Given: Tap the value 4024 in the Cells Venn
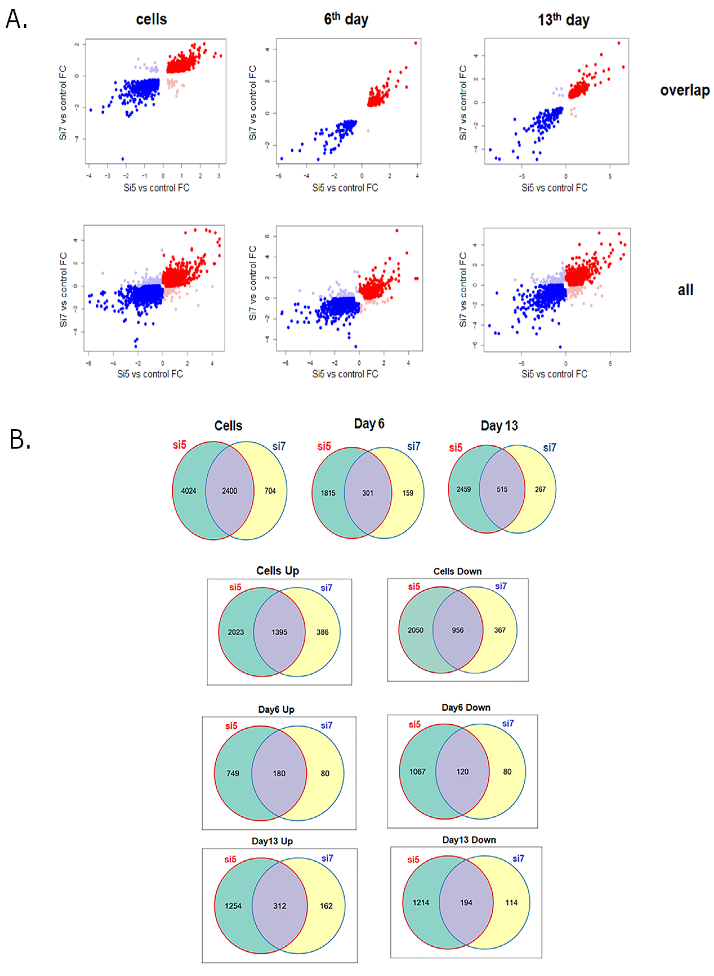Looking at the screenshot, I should click(x=189, y=491).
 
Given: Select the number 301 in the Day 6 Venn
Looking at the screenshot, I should click(x=367, y=493).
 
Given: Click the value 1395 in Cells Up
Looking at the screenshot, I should click(x=279, y=632).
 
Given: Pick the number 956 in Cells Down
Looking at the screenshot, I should click(x=458, y=630).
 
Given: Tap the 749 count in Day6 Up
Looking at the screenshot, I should click(x=233, y=773).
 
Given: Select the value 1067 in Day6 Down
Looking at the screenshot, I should click(x=418, y=772).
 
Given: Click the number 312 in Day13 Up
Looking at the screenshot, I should click(x=280, y=906).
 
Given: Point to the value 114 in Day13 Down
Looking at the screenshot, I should click(x=511, y=902).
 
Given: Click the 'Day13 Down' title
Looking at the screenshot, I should click(x=469, y=840).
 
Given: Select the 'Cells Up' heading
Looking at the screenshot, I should click(x=278, y=571).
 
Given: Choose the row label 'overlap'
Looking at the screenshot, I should click(x=685, y=90).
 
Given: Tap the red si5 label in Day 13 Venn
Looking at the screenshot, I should click(x=456, y=447).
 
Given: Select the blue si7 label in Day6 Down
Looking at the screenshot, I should click(x=508, y=723).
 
